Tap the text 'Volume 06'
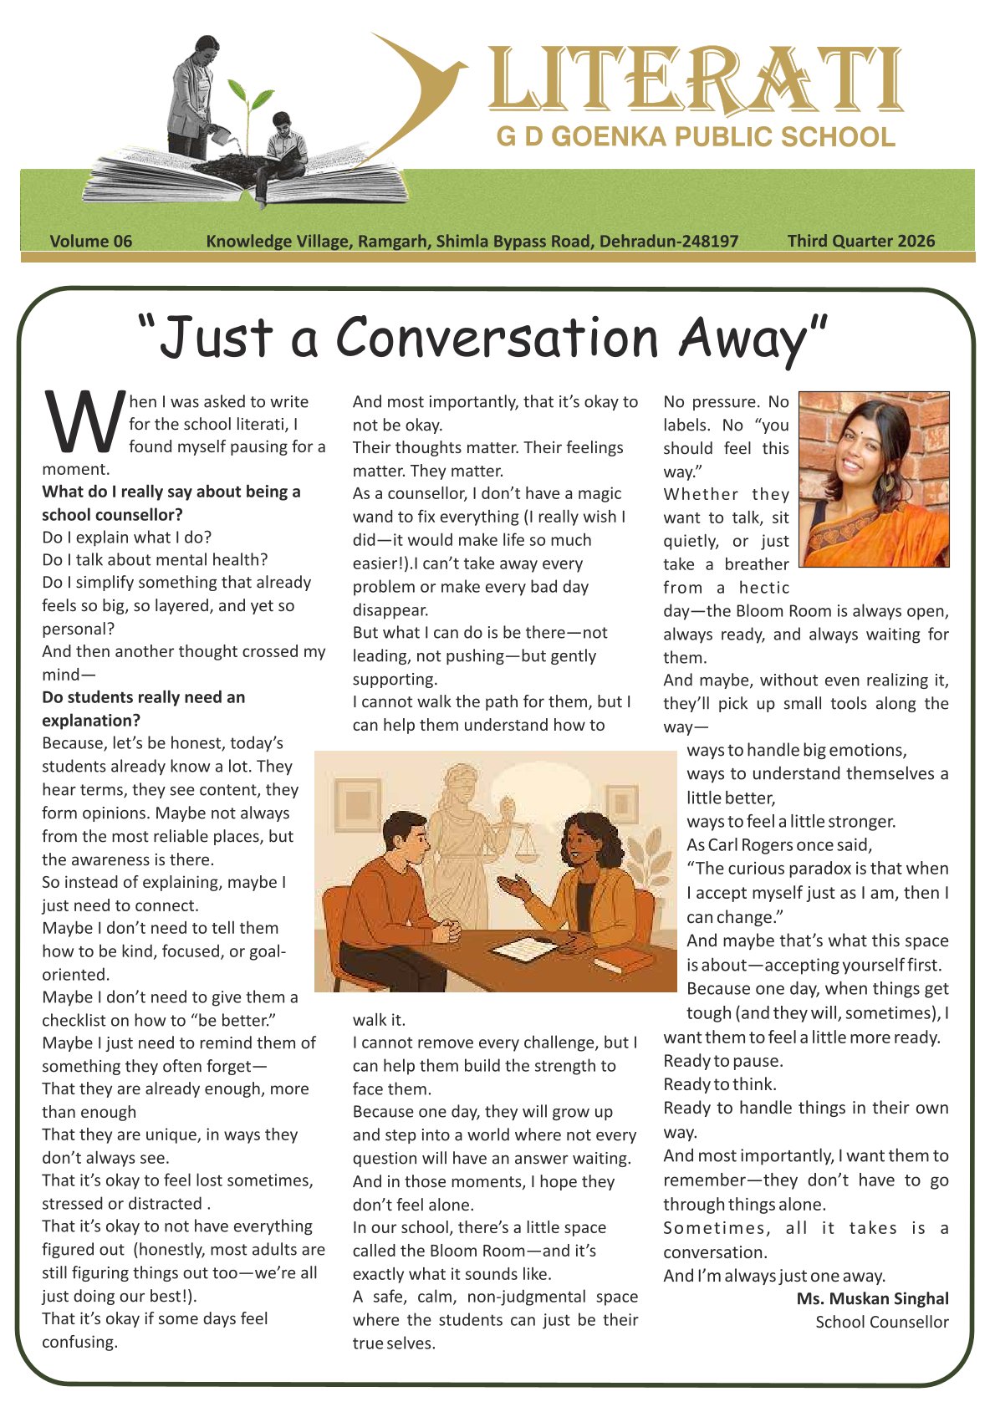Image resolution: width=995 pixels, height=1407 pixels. click(x=91, y=242)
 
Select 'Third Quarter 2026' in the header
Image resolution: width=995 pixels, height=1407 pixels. click(x=860, y=242)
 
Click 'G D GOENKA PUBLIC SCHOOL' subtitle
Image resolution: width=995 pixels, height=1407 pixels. click(x=695, y=136)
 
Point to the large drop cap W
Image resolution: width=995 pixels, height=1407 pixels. click(x=83, y=425)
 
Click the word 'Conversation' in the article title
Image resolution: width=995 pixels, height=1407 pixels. click(x=497, y=338)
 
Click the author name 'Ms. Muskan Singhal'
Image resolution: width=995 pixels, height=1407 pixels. click(x=872, y=1298)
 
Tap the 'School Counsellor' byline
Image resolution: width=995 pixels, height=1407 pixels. click(x=881, y=1322)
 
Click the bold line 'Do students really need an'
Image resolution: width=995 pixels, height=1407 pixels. click(x=144, y=697)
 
